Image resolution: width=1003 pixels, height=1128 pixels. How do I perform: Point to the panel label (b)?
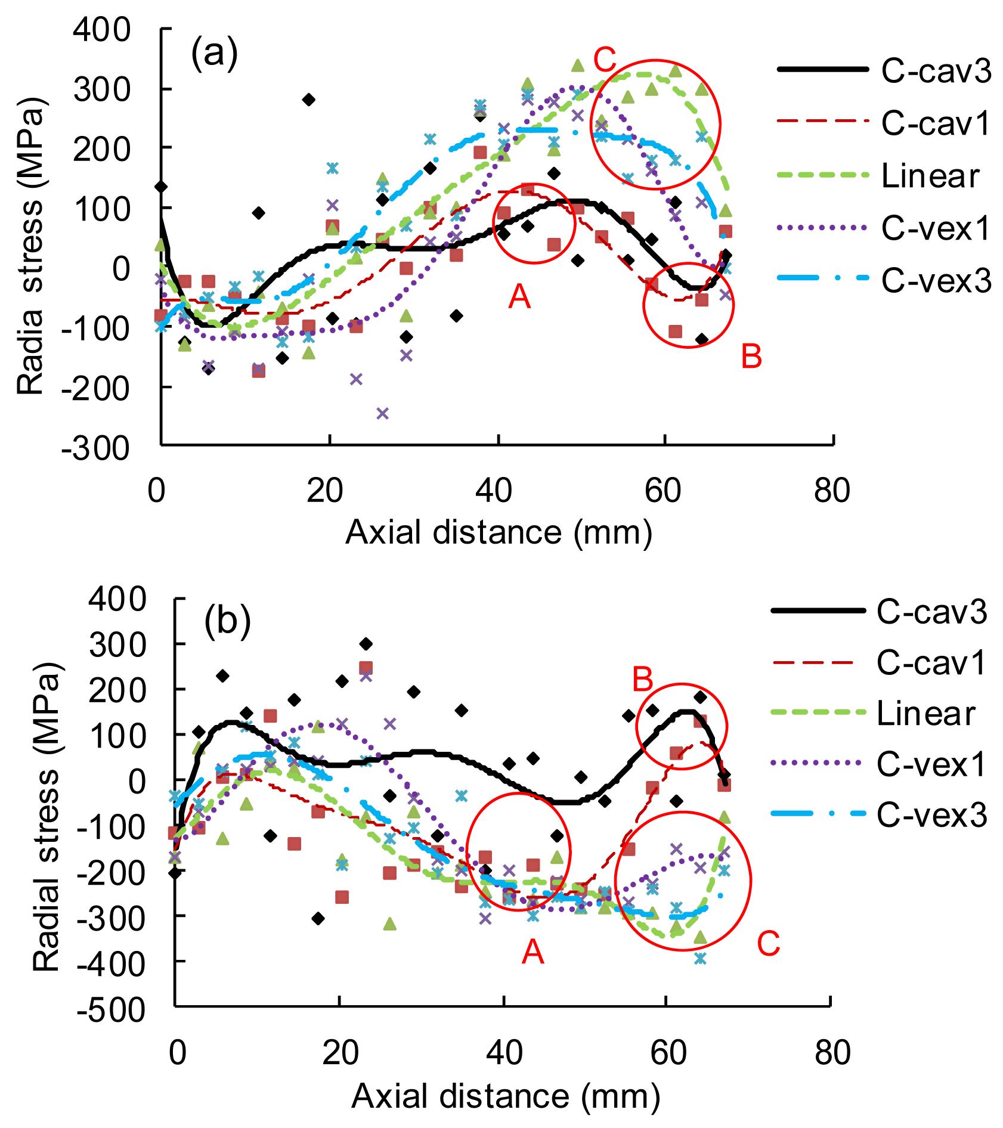(227, 621)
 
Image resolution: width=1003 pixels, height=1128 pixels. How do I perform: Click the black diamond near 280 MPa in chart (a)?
(308, 100)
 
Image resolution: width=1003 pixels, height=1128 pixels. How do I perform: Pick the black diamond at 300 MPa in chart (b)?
(366, 644)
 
